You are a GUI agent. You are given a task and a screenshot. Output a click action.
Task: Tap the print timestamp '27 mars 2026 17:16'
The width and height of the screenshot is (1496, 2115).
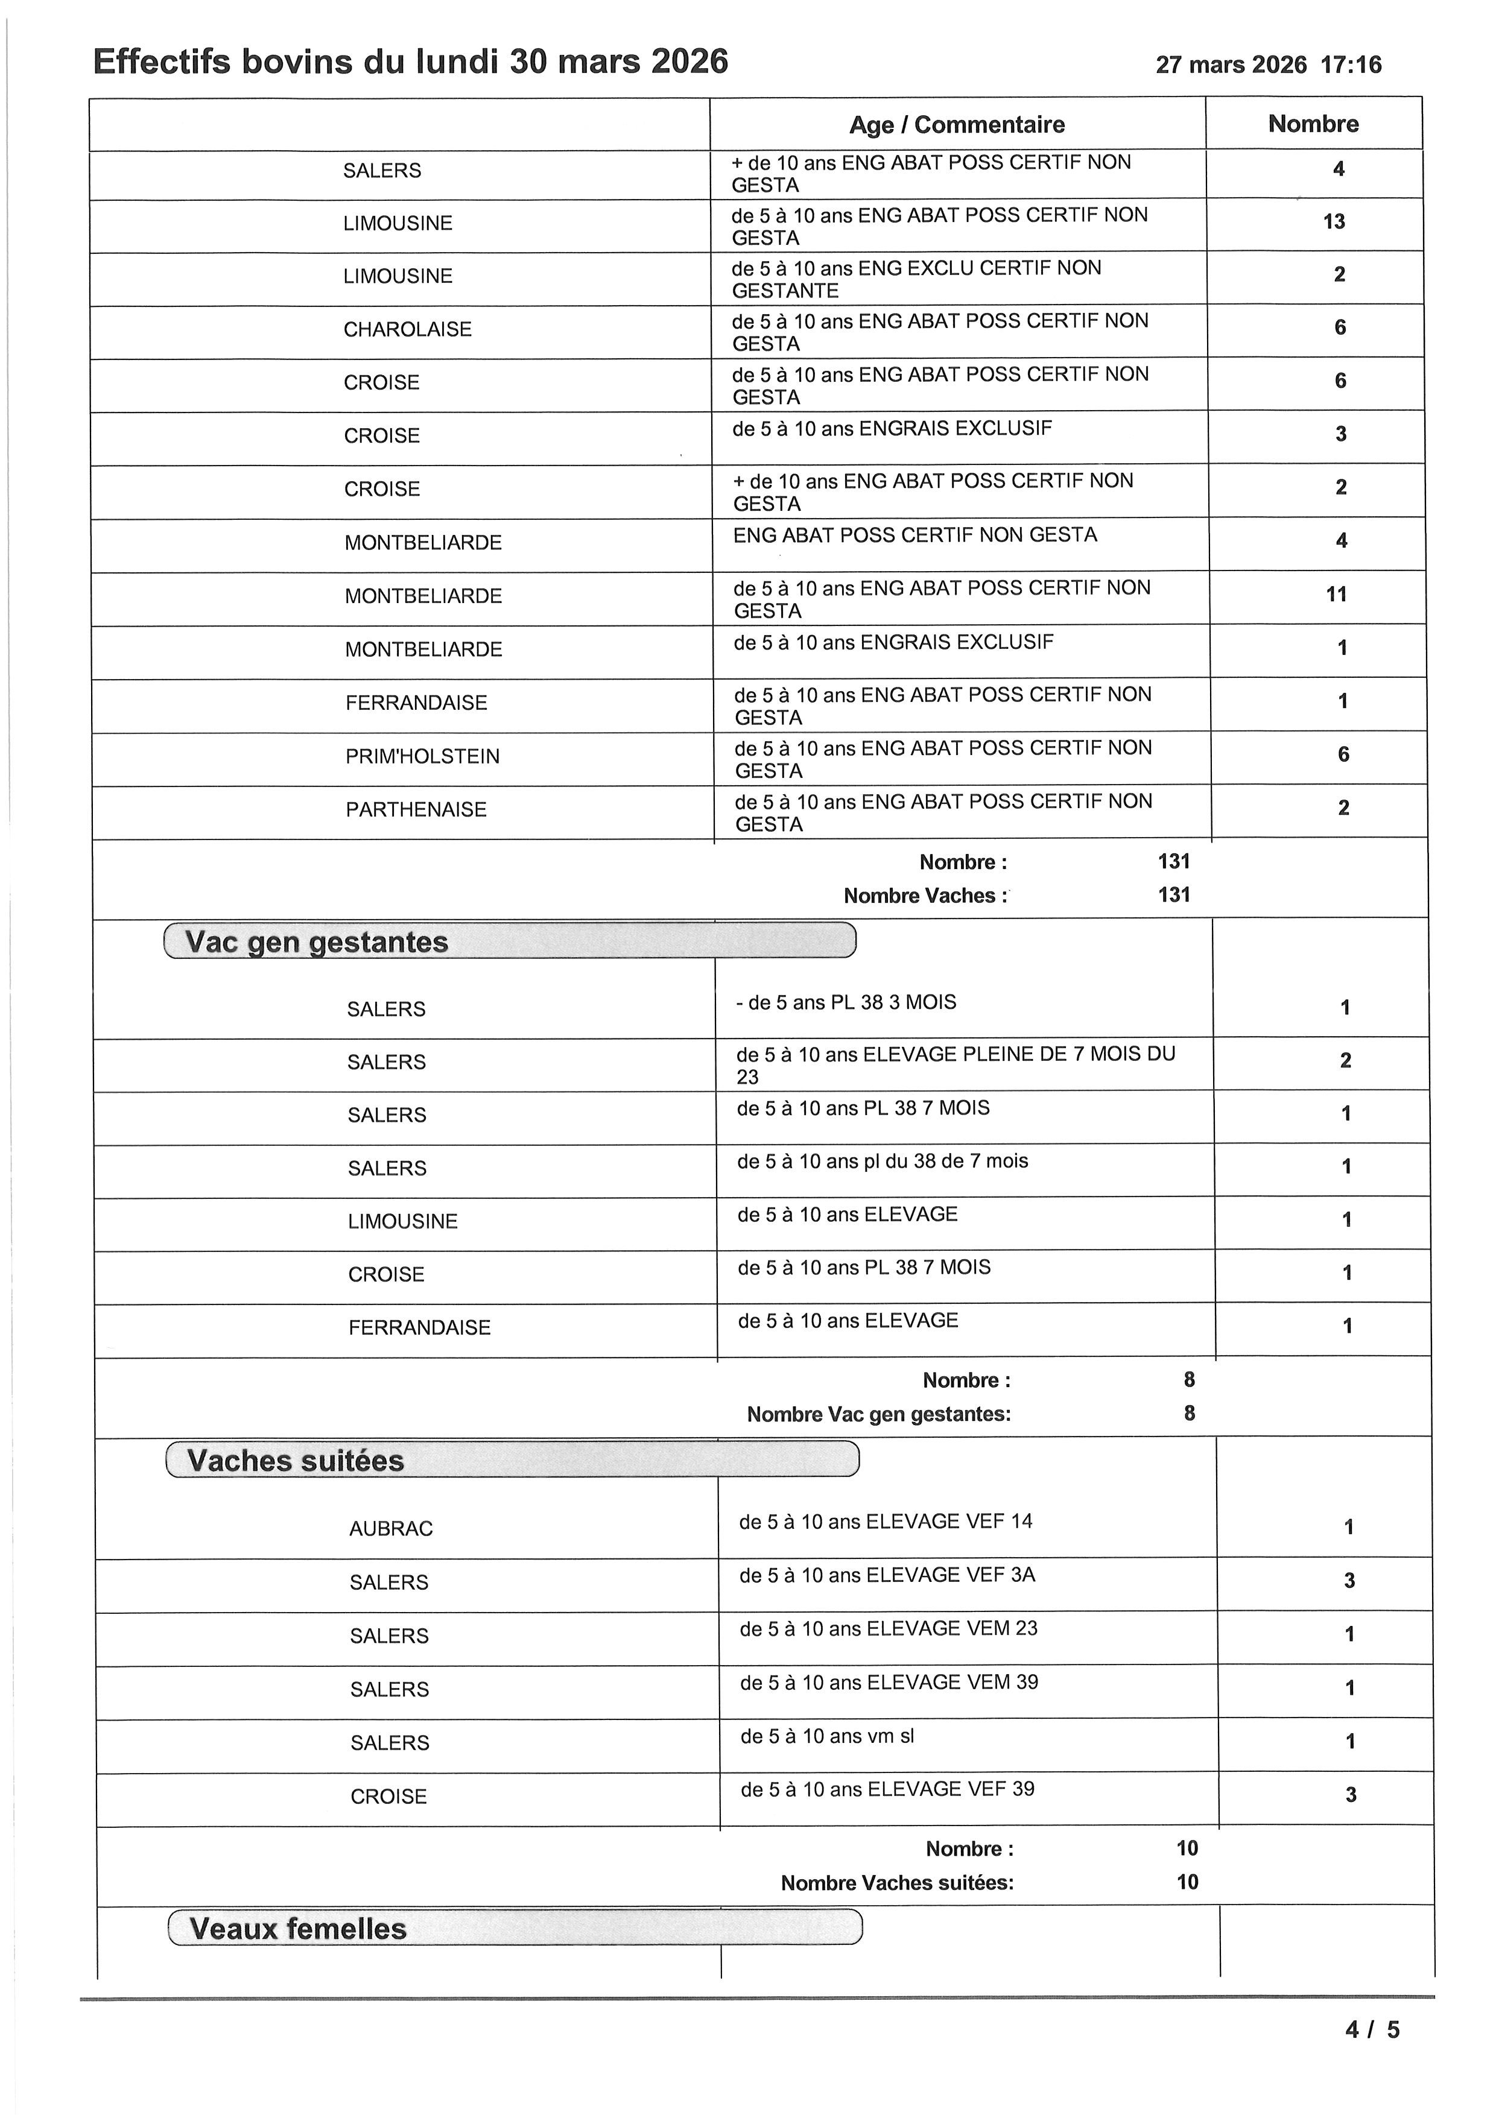click(x=1269, y=65)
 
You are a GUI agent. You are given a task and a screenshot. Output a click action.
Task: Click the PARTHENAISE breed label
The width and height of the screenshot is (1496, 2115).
click(x=416, y=810)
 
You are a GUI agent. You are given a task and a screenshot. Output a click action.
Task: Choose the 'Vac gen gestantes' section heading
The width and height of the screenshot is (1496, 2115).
click(x=316, y=943)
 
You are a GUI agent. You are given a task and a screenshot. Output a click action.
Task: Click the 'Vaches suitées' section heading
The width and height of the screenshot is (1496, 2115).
click(x=296, y=1461)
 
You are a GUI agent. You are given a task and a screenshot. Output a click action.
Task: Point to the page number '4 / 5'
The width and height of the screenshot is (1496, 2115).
click(x=1372, y=2029)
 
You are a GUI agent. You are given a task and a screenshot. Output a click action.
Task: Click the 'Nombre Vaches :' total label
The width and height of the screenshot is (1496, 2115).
click(x=925, y=896)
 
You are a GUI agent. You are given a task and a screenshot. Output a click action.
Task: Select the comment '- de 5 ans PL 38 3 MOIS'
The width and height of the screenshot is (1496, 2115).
click(x=846, y=1002)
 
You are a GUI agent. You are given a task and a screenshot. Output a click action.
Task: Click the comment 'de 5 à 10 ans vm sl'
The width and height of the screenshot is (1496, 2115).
click(x=827, y=1736)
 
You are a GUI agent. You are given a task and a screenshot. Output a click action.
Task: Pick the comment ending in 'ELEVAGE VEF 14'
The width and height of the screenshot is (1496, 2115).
click(x=886, y=1522)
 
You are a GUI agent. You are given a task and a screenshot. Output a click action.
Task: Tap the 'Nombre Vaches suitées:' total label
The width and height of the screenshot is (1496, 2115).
click(x=896, y=1883)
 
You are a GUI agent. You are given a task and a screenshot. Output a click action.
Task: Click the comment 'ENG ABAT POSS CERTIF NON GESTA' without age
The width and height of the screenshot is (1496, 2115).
click(x=914, y=535)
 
